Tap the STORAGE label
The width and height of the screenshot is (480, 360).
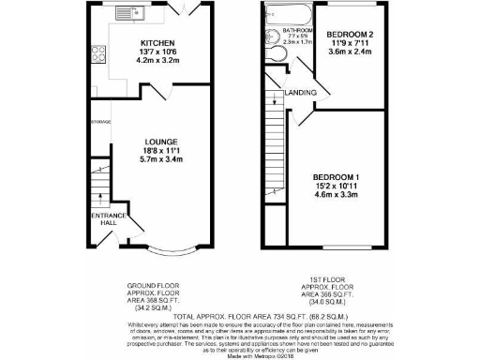100,122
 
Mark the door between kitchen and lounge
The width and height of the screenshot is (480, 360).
162,94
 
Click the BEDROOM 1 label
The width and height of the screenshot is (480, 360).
337,176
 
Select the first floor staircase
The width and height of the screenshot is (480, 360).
274,150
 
